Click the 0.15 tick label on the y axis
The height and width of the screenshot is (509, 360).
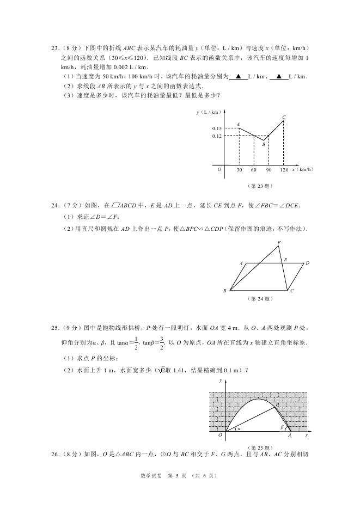click(x=217, y=128)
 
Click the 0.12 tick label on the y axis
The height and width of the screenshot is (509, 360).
click(x=217, y=136)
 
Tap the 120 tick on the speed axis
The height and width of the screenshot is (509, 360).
click(x=284, y=170)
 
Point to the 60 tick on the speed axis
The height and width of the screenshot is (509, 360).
click(x=254, y=170)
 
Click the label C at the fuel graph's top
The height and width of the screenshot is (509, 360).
click(x=284, y=117)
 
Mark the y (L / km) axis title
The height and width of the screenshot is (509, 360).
click(x=209, y=112)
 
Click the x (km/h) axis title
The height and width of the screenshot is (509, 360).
click(x=303, y=169)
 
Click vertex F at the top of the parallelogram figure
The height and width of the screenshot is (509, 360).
click(x=279, y=243)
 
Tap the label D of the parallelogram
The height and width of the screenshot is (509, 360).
click(x=307, y=263)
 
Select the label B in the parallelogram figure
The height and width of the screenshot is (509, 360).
click(x=224, y=291)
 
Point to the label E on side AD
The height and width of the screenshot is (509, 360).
click(x=285, y=260)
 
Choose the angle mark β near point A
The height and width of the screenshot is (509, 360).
click(x=282, y=427)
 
